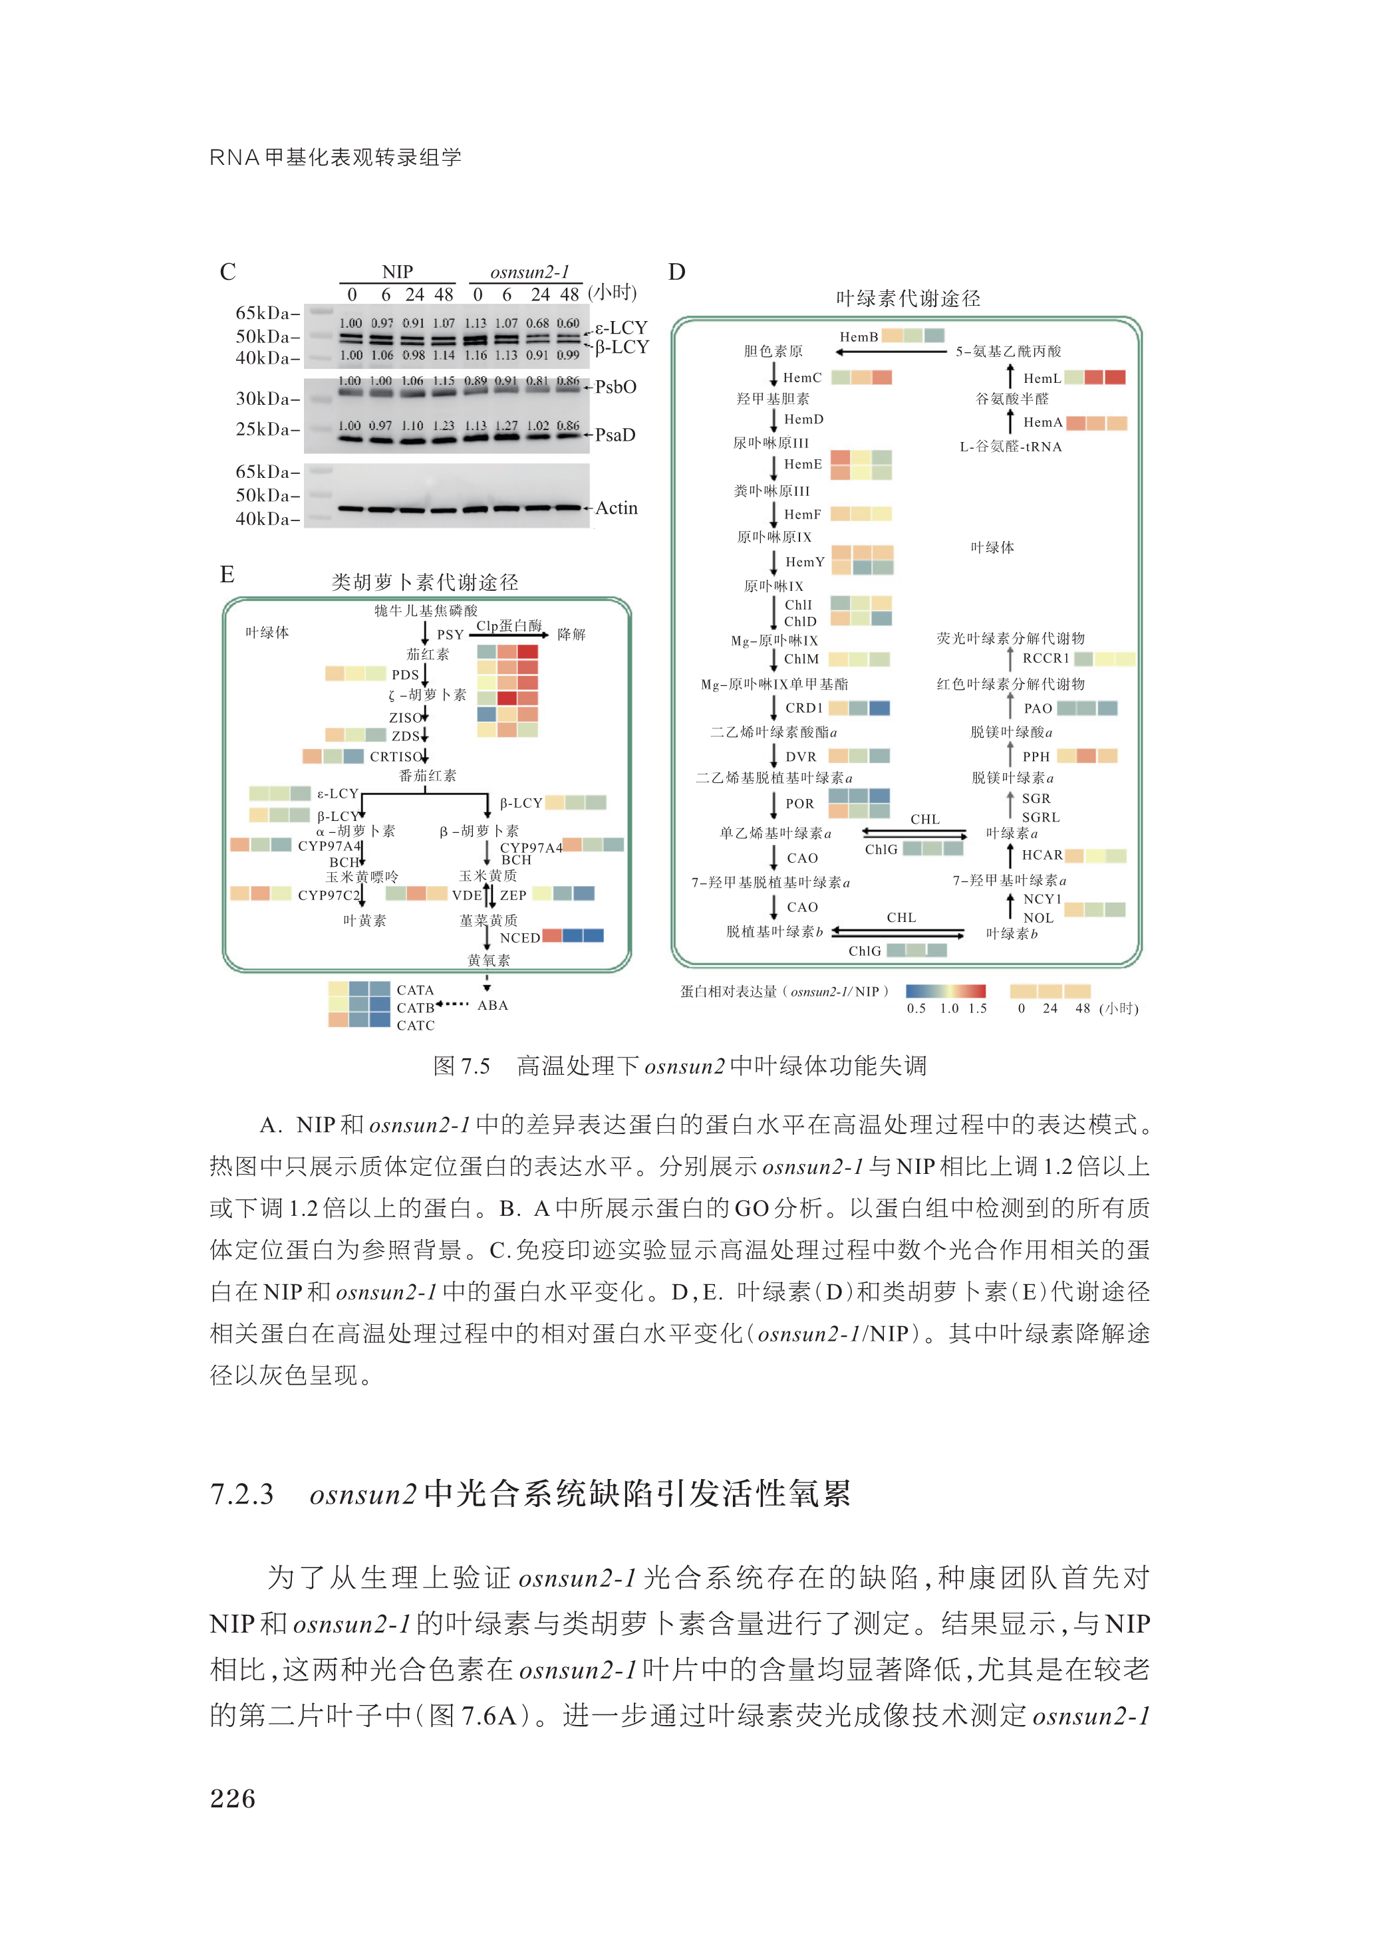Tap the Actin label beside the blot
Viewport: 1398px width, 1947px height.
coord(616,509)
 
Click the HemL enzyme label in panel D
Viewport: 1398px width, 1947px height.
coord(1042,379)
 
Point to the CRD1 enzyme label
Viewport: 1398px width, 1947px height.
coord(804,708)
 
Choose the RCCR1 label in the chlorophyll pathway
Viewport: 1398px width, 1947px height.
coord(1045,659)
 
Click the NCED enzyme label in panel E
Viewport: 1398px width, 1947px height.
coord(519,937)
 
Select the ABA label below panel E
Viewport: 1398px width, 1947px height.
coord(493,1005)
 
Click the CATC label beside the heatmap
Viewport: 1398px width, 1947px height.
coord(416,1025)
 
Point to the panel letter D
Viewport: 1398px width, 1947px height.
coord(676,272)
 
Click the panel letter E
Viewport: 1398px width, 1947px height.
coord(227,574)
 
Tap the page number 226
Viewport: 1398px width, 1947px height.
coord(233,1799)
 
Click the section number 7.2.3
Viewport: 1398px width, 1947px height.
coord(242,1494)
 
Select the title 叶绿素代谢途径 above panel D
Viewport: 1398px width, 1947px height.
coord(908,298)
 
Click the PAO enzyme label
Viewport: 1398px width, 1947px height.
coord(1038,708)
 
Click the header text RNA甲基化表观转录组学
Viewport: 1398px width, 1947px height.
coord(336,157)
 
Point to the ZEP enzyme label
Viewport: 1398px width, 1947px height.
coord(513,895)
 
